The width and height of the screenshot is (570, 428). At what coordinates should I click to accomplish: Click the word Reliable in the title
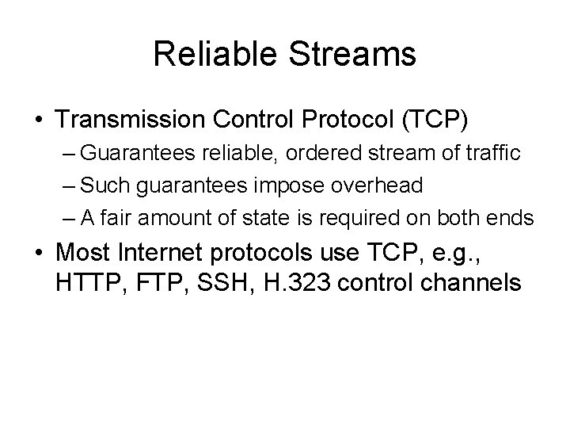203,55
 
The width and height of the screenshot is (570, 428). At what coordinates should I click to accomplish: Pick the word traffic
493,154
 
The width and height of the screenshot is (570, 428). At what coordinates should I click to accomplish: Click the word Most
83,254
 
